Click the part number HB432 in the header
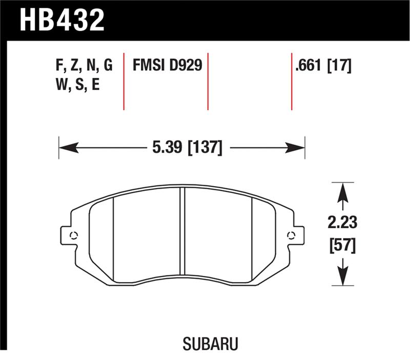coord(62,19)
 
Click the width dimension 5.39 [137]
coord(187,149)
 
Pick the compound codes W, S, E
coord(76,85)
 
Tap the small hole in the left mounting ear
coord(73,235)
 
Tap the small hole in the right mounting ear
coord(292,235)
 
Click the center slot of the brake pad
coord(181,231)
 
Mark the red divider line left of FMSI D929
coord(124,81)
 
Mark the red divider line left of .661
coord(292,81)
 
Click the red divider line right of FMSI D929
coord(208,81)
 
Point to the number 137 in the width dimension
coord(206,149)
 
